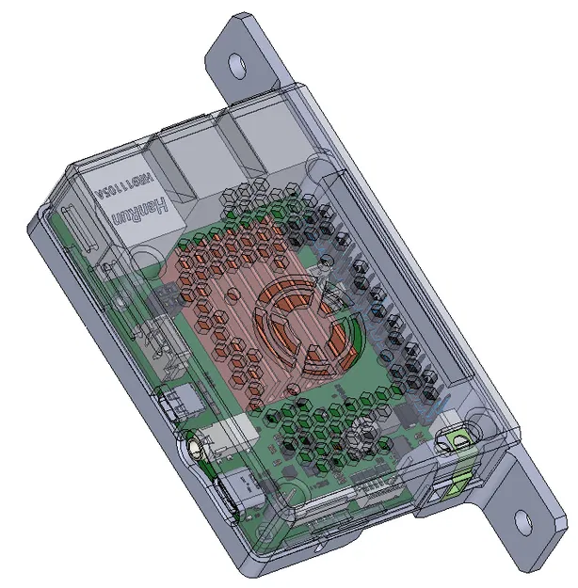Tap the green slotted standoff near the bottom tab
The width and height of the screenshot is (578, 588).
(459, 440)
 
